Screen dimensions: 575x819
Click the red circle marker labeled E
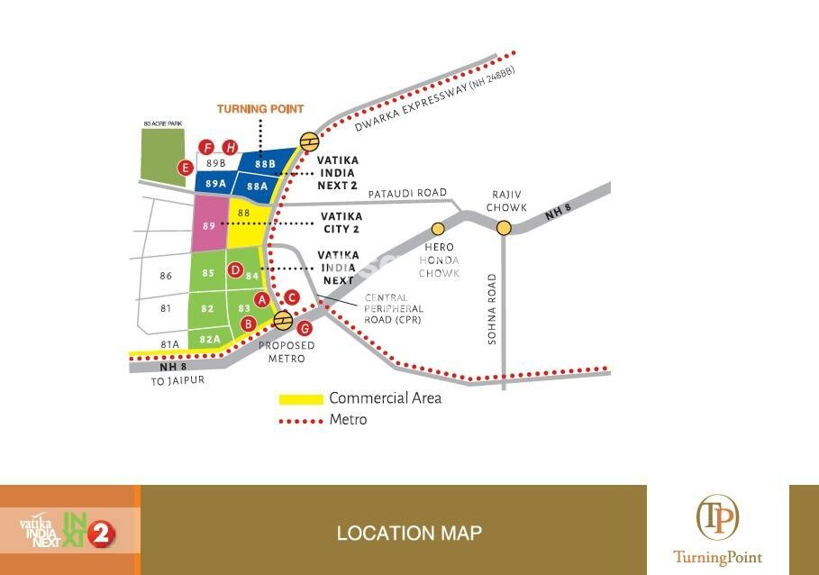(x=186, y=168)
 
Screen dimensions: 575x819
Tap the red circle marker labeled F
(x=207, y=148)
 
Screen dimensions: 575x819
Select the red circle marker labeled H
(x=231, y=148)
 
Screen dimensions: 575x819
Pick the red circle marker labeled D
(x=235, y=269)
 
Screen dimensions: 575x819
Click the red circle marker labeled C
(x=291, y=297)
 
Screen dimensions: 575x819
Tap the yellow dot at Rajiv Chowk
(x=504, y=228)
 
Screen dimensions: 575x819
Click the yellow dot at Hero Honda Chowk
(x=438, y=228)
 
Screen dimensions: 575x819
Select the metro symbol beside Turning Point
(x=309, y=141)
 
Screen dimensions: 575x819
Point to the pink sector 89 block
(x=209, y=226)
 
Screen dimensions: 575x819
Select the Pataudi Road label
(x=407, y=193)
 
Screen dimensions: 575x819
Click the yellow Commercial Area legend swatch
(x=301, y=398)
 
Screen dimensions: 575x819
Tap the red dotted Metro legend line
(x=301, y=421)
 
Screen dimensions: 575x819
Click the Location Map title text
(x=408, y=533)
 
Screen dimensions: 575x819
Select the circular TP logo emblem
(x=717, y=518)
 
